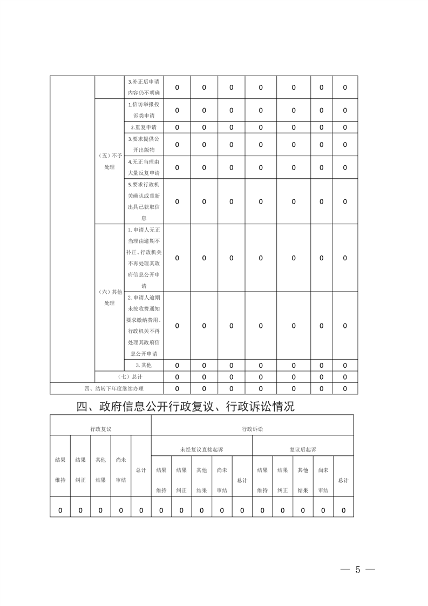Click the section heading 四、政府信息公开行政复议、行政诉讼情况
(185, 407)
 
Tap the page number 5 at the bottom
(357, 570)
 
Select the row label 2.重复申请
(143, 127)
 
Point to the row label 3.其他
(143, 365)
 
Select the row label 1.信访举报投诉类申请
(143, 110)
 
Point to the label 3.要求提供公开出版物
(143, 144)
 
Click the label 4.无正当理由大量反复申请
(143, 167)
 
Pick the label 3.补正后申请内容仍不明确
(143, 87)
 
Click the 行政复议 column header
(100, 428)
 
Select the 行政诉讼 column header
(253, 428)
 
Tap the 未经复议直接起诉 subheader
(201, 449)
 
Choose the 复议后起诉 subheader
(303, 449)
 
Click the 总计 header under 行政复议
(141, 470)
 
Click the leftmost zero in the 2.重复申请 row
(177, 127)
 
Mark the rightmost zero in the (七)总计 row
(345, 377)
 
